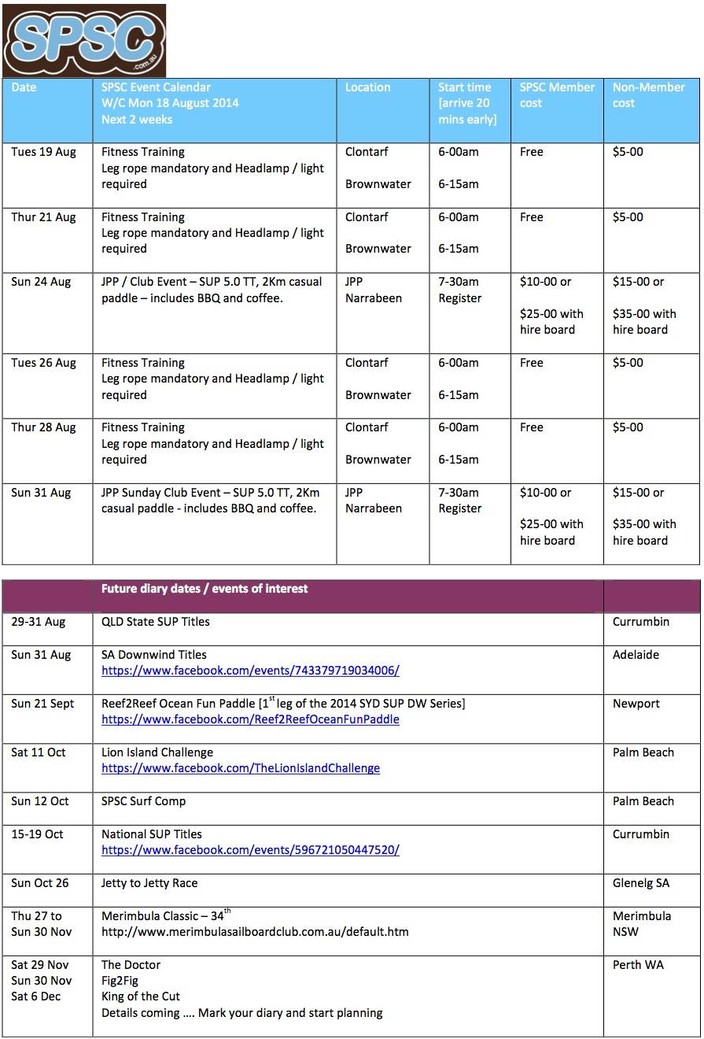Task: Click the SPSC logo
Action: (x=84, y=40)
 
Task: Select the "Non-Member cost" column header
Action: (x=648, y=95)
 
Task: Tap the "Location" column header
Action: (x=367, y=87)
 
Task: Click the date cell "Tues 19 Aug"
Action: (x=43, y=152)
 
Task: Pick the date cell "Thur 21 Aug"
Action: (x=43, y=217)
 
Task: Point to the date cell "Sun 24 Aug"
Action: (x=41, y=282)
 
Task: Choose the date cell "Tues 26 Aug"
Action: (x=43, y=363)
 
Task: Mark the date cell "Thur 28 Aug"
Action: (x=43, y=427)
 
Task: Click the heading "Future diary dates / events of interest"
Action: (x=205, y=589)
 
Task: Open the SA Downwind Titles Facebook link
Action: (x=250, y=671)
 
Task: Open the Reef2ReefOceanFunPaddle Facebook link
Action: (x=250, y=719)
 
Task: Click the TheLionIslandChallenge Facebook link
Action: (x=241, y=768)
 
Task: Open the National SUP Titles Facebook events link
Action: (x=250, y=850)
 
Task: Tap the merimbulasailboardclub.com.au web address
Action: (x=255, y=932)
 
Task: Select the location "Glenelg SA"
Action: (x=641, y=883)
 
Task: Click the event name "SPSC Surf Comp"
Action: (x=144, y=801)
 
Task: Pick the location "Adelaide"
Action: (x=636, y=655)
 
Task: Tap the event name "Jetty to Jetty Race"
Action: (x=149, y=883)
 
